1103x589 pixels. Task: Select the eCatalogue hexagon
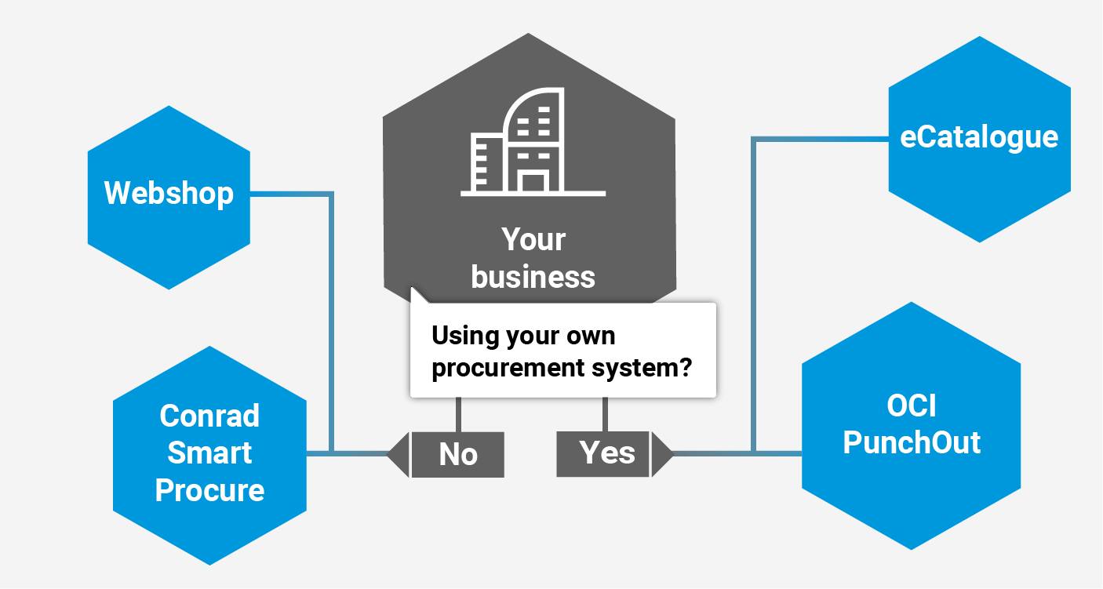pos(979,139)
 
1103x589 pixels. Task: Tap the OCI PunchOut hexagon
pos(911,425)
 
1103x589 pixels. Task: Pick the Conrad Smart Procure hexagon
pos(209,455)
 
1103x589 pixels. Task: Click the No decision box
pos(458,454)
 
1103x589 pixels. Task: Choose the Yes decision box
pos(603,453)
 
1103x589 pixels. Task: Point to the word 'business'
pos(533,277)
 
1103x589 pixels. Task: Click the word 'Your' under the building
pos(533,240)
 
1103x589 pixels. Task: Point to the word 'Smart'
pos(209,453)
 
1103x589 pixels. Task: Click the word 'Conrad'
pos(209,416)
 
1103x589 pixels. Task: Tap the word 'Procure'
pos(209,491)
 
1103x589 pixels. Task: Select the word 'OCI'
pos(912,406)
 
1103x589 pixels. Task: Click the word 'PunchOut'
pos(912,443)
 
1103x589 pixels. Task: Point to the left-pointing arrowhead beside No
pos(399,454)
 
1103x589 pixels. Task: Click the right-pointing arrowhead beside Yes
pos(661,453)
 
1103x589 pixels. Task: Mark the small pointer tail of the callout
pos(418,296)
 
